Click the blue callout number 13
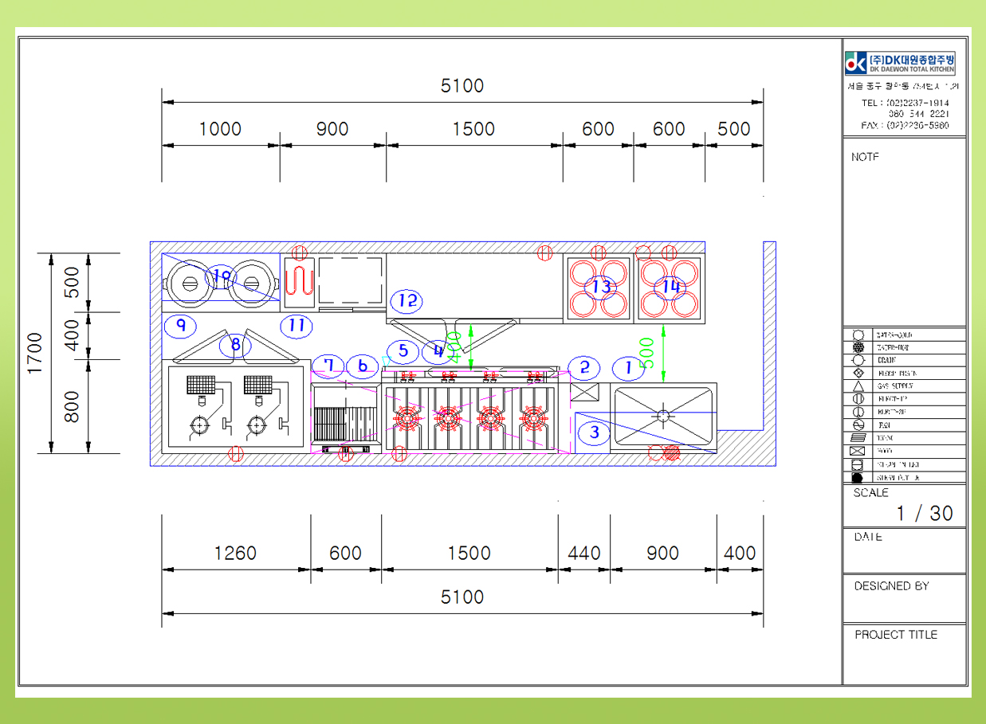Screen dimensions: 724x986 point(601,286)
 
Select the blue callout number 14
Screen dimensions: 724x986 point(670,286)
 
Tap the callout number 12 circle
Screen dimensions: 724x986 point(407,301)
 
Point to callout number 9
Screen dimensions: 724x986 point(181,325)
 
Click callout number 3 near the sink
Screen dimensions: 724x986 point(595,433)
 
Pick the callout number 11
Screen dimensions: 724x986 point(297,325)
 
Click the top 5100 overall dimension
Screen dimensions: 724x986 point(462,86)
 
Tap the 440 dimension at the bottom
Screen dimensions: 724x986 point(584,554)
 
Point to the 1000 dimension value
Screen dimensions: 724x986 point(220,129)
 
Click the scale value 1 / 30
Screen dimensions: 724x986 point(924,513)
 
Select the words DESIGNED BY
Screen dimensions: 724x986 point(891,586)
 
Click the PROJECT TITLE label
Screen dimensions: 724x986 point(896,635)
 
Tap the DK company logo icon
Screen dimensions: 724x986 point(856,62)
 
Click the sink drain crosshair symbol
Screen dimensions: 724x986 point(663,415)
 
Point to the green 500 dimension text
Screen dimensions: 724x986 point(647,353)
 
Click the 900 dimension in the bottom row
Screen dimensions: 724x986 point(662,554)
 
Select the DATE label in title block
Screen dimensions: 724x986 point(868,537)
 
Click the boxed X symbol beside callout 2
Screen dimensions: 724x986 point(585,392)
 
